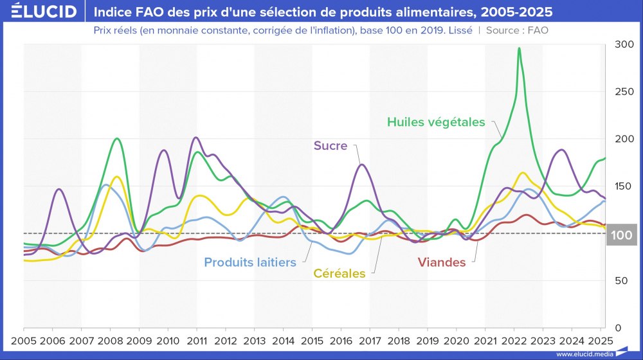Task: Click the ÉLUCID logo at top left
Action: [x=39, y=12]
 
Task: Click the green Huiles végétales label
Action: [x=436, y=122]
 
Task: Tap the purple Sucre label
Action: [x=331, y=145]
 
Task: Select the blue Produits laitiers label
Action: [x=250, y=262]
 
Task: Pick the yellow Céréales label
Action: [x=340, y=273]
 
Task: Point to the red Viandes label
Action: [x=442, y=262]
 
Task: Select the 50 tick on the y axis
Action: [x=620, y=281]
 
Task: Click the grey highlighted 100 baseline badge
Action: [x=622, y=235]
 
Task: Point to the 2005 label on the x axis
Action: [x=24, y=340]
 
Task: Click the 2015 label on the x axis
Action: [x=312, y=340]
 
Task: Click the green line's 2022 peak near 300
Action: [x=519, y=49]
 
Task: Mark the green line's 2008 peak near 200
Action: [x=116, y=139]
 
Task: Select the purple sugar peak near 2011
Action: [x=195, y=138]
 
